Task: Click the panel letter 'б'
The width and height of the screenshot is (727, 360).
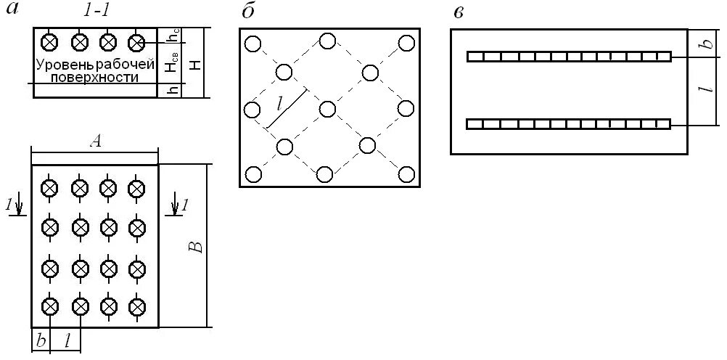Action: [248, 12]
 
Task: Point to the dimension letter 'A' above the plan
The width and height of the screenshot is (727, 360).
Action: [94, 143]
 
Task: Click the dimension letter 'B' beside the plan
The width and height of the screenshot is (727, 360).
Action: [197, 245]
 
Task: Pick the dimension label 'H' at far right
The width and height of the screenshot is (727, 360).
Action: [193, 65]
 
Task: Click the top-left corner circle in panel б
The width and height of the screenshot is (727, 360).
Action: [252, 44]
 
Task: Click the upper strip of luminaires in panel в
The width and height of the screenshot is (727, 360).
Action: [568, 56]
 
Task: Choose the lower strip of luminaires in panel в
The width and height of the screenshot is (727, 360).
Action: [568, 124]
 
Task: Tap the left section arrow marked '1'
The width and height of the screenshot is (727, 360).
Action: [17, 208]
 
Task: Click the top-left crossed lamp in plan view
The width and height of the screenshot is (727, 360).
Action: [49, 188]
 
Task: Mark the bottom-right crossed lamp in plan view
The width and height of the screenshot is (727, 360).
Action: [136, 306]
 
